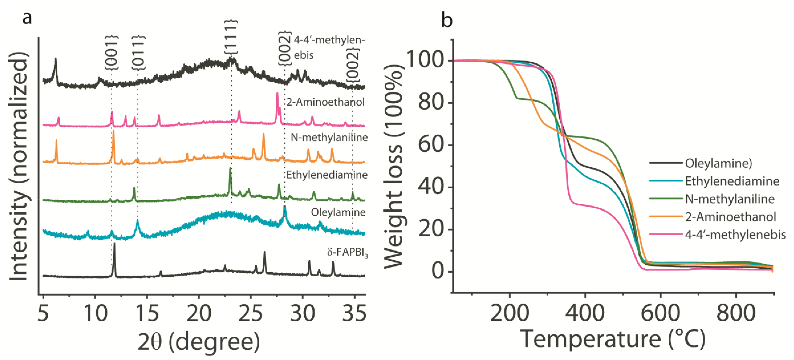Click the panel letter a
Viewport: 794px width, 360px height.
click(27, 18)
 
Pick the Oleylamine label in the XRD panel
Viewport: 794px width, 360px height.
click(338, 212)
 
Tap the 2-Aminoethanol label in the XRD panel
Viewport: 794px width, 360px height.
click(326, 102)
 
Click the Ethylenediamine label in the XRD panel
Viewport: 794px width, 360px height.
click(327, 175)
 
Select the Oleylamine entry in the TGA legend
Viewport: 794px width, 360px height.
click(718, 163)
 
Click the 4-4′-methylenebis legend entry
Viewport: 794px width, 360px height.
click(735, 235)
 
